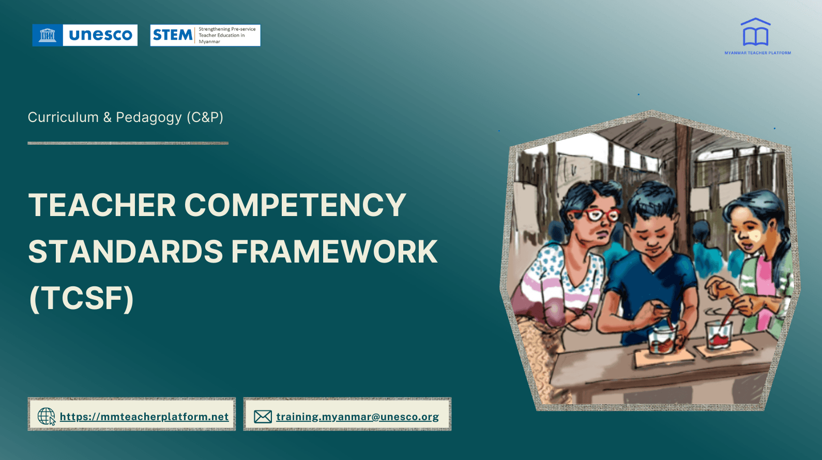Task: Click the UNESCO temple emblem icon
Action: click(48, 35)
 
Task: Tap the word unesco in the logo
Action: click(100, 35)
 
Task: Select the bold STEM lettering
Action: click(173, 35)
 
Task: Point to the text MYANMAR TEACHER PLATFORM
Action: click(757, 53)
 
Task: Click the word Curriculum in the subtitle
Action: click(63, 117)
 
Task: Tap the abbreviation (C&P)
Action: click(205, 117)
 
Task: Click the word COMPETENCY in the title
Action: click(295, 205)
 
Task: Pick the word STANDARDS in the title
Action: click(126, 252)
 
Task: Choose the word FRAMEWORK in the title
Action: click(334, 252)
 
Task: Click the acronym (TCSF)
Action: click(82, 298)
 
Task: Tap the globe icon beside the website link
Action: click(46, 416)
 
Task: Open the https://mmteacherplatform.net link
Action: click(144, 417)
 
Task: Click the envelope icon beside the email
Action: click(263, 417)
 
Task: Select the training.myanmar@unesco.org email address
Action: click(357, 417)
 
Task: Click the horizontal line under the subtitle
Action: click(128, 143)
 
